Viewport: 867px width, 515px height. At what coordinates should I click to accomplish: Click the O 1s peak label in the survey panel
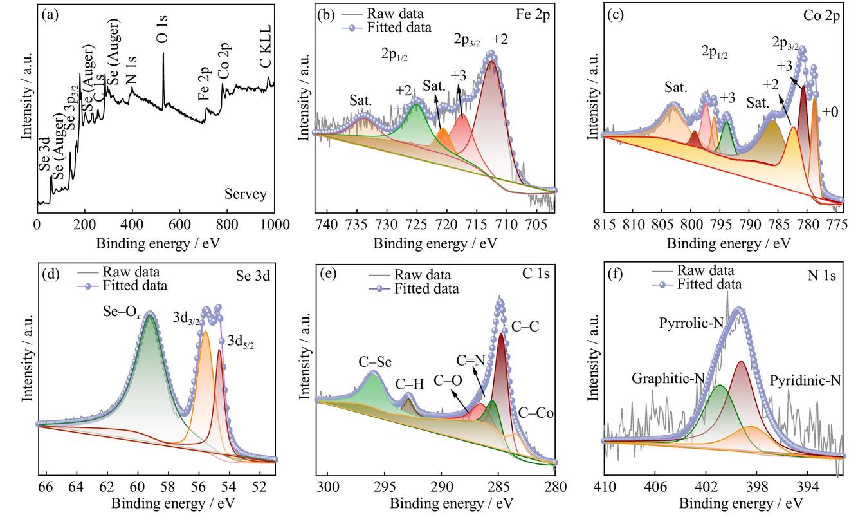point(163,30)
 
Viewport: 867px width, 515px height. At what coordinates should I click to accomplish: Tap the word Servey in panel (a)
point(246,194)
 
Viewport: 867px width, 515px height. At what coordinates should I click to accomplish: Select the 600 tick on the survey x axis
point(179,225)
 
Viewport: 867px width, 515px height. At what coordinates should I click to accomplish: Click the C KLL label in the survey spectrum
point(266,46)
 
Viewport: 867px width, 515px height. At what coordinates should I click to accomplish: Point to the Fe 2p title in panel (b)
point(533,14)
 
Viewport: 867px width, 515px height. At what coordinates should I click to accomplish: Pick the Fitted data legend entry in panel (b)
point(387,28)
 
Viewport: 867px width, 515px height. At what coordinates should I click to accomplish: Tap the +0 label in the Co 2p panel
point(830,112)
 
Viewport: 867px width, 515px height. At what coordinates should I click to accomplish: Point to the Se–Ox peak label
point(122,312)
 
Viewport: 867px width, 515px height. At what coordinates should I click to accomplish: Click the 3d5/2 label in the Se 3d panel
point(241,341)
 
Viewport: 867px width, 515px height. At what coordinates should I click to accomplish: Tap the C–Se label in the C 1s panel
point(375,362)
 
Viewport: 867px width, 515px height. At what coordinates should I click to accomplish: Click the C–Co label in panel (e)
point(536,413)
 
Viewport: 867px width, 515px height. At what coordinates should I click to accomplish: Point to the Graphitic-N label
point(668,379)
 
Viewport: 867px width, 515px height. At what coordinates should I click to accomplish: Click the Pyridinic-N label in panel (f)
point(805,380)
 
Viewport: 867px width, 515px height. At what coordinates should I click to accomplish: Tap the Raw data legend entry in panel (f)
point(693,270)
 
